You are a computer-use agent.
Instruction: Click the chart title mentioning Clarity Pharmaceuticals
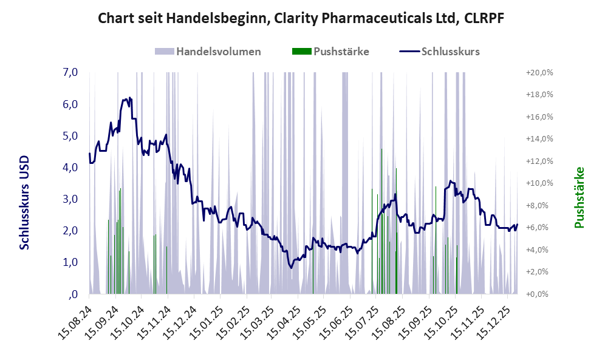click(301, 19)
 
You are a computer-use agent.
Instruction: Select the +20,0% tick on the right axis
click(539, 73)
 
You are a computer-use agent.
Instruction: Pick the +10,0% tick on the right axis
click(539, 183)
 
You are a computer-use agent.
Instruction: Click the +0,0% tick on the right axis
click(540, 294)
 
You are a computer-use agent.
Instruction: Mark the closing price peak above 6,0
click(129, 97)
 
